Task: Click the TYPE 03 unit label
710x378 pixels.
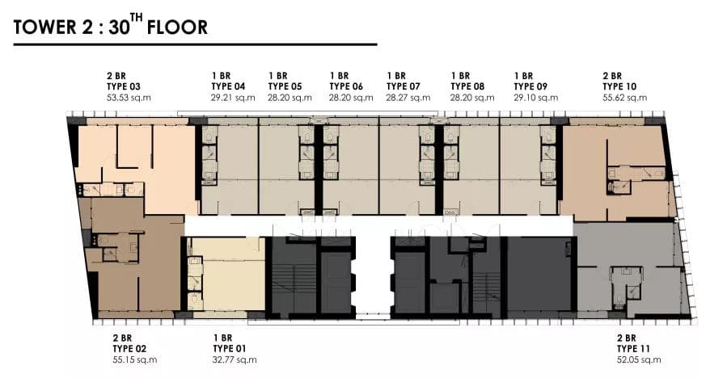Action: (x=124, y=86)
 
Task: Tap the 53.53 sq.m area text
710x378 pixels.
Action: (x=129, y=98)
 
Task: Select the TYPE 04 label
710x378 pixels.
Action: (x=228, y=86)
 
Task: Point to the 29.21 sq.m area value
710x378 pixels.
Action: (x=233, y=98)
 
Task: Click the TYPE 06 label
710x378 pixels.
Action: (x=346, y=86)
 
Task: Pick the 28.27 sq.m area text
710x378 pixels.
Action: (x=408, y=98)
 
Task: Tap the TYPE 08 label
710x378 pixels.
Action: (x=467, y=86)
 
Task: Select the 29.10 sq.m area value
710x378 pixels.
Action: (x=536, y=98)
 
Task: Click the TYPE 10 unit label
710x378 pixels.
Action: (x=619, y=86)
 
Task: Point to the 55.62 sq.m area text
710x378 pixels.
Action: (x=625, y=98)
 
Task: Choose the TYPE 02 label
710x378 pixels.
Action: (x=129, y=349)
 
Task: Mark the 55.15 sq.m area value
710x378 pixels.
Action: (x=135, y=360)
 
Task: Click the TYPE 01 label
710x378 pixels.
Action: (x=230, y=349)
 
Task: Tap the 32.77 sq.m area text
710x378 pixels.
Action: (x=235, y=360)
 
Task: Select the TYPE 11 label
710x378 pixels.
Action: (x=633, y=349)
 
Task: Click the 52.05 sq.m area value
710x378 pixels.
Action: (x=639, y=360)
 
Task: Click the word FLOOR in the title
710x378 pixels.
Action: (x=178, y=27)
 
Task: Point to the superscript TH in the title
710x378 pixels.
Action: (x=137, y=18)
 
